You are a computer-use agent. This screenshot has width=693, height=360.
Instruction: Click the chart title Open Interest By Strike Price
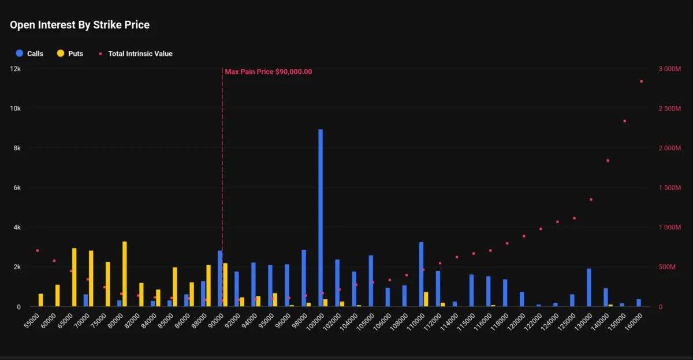80,25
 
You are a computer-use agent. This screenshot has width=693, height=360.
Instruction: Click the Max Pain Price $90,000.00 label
269,72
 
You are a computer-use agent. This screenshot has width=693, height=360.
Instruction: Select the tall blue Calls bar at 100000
321,220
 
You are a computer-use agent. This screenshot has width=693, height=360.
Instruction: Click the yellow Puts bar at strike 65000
74,277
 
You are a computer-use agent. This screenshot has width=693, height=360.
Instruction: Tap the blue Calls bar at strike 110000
421,274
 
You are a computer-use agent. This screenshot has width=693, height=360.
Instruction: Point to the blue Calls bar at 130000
589,287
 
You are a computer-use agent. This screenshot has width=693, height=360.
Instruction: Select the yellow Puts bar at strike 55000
41,300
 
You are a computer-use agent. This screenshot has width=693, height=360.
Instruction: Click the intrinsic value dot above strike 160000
641,81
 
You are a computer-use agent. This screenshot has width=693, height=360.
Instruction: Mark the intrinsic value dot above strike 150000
624,121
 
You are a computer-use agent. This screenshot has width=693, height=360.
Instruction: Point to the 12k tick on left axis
15,69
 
